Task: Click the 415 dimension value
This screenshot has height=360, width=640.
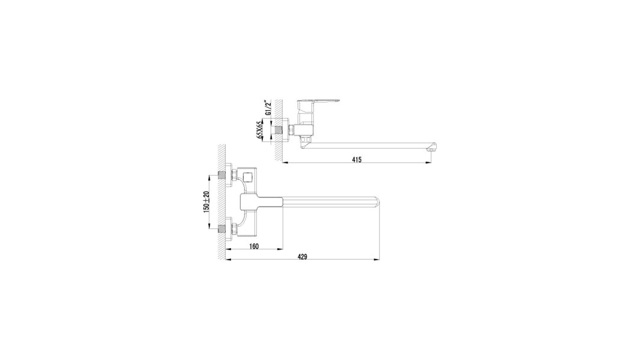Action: [356, 160]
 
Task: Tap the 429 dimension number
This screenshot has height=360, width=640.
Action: [302, 257]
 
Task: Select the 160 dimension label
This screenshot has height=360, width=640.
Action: [254, 246]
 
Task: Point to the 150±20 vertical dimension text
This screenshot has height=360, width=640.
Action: [206, 201]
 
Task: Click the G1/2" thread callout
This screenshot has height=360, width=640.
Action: [267, 107]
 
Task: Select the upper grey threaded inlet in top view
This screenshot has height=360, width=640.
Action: [221, 175]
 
